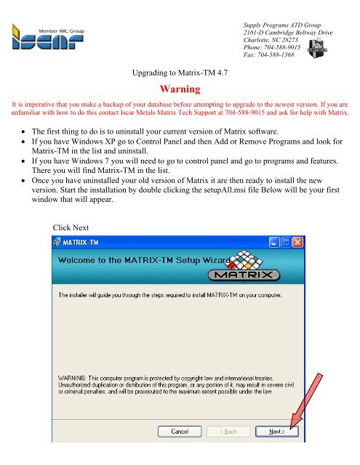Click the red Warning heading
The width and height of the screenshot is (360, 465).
[179, 91]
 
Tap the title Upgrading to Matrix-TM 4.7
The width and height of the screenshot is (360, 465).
[179, 73]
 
